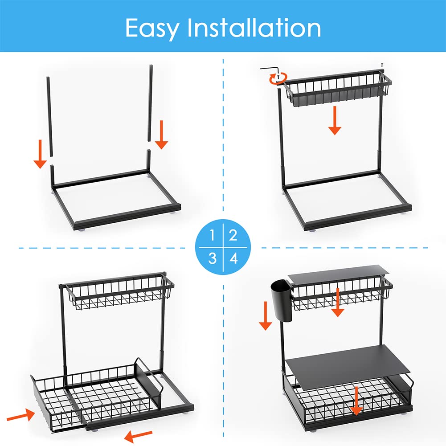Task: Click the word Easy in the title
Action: [x=152, y=29]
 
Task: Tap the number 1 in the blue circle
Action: [x=212, y=235]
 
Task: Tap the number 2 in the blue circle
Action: [x=233, y=235]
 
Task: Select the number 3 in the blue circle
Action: [x=212, y=258]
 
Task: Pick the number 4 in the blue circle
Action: [x=233, y=258]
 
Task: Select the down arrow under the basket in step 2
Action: [x=335, y=120]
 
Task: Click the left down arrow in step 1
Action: [x=40, y=154]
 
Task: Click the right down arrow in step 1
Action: [x=161, y=135]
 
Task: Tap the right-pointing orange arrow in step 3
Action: [x=21, y=415]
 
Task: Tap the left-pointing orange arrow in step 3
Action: [x=138, y=435]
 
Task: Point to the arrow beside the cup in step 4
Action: [x=266, y=316]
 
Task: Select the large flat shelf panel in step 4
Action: [x=348, y=367]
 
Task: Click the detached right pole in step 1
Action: [x=150, y=103]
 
